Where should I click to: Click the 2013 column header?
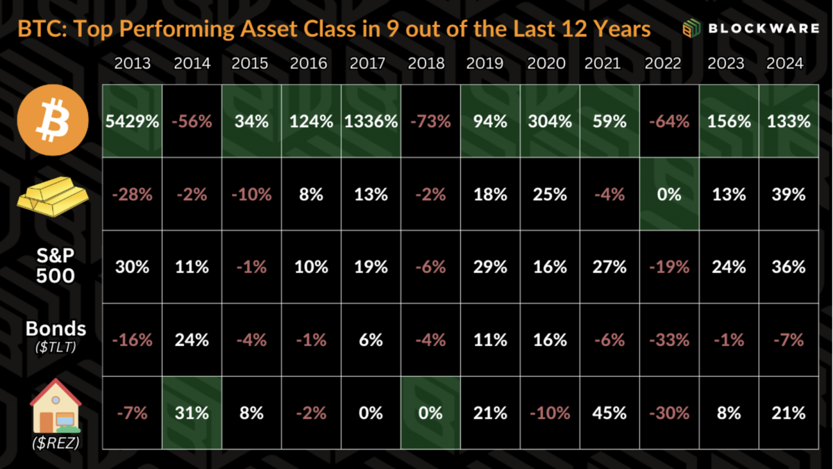click(132, 64)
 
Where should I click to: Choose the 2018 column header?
click(426, 64)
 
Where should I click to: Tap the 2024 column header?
click(784, 64)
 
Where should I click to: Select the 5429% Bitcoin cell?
click(133, 122)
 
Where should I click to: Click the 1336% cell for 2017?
click(371, 122)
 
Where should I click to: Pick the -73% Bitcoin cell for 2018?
click(430, 122)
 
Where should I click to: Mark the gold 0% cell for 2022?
click(669, 195)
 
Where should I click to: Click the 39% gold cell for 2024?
click(789, 195)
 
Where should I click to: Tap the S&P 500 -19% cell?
click(669, 268)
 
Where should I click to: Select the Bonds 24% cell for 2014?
click(192, 340)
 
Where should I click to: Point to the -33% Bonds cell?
click(669, 340)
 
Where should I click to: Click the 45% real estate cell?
click(609, 413)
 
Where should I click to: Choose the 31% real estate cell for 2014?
click(192, 413)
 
